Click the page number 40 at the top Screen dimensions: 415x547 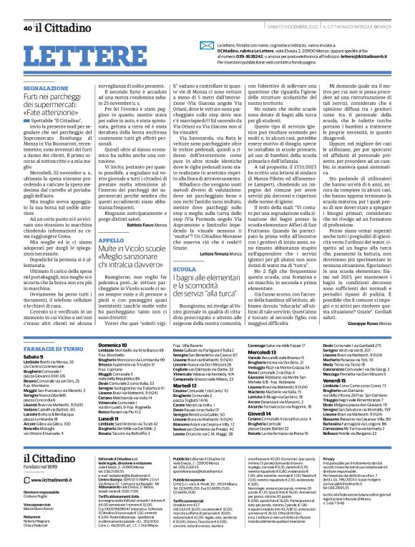click(27, 9)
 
